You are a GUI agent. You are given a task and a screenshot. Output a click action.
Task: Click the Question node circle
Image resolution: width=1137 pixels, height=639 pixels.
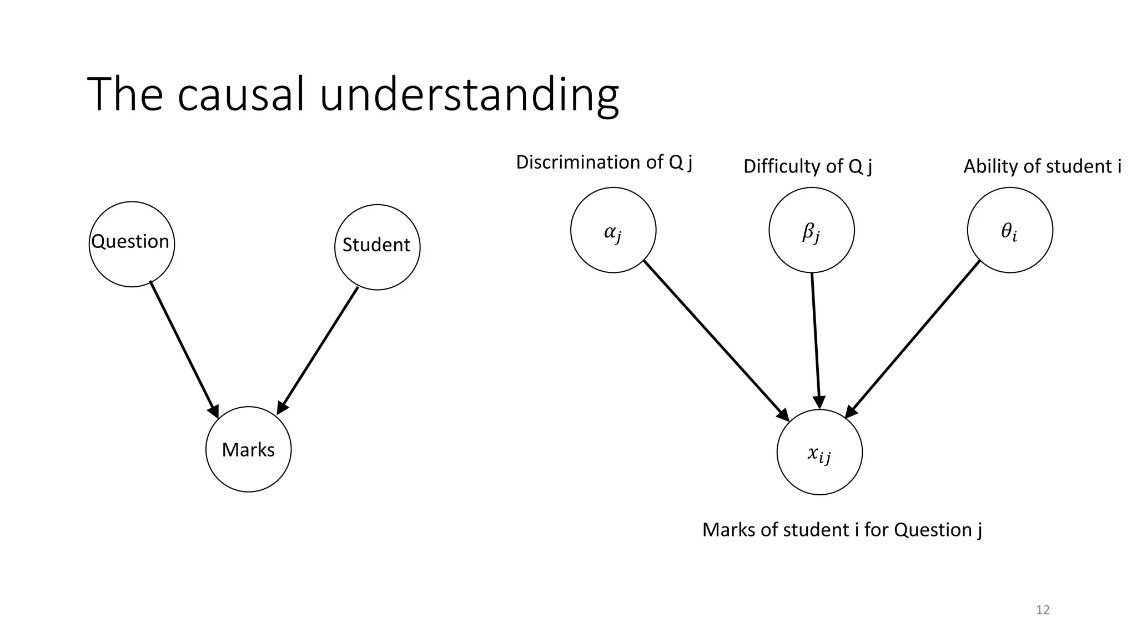point(132,244)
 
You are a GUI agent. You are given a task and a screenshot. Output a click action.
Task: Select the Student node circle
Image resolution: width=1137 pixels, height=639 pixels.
point(377,247)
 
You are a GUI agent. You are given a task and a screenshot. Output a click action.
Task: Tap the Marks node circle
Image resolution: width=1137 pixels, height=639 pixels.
point(248,449)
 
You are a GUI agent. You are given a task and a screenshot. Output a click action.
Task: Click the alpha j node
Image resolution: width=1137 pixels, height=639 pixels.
point(613,230)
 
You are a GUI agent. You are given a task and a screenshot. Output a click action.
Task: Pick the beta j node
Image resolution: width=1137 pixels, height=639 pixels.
point(811,230)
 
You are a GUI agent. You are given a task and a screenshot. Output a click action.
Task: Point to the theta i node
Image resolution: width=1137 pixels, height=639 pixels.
point(1009,230)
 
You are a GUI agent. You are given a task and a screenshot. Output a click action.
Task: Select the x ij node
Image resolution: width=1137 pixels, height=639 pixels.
point(819,452)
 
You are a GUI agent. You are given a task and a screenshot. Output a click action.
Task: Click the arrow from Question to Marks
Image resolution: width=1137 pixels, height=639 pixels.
point(184,349)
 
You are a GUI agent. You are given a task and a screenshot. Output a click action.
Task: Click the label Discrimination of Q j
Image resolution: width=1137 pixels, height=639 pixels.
point(603,163)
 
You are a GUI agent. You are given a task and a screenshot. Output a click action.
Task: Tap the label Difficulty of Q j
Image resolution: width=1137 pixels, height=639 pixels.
point(807,166)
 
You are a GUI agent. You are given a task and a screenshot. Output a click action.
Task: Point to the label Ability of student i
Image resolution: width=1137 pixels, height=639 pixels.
point(1042,166)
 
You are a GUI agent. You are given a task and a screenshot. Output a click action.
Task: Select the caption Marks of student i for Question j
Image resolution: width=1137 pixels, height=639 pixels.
point(842,530)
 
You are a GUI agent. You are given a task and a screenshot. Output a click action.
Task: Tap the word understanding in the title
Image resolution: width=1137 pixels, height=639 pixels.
point(469,95)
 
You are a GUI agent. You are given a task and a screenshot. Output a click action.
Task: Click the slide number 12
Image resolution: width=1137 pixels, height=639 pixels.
point(1043,610)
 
